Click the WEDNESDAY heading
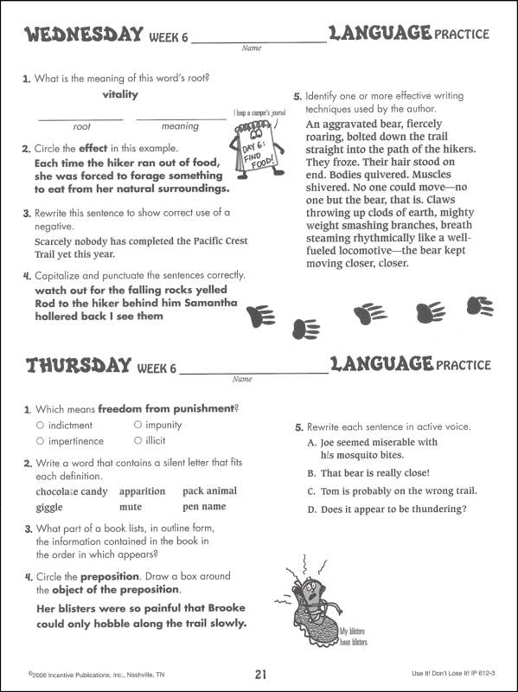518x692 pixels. coord(82,35)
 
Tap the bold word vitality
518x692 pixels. coord(120,95)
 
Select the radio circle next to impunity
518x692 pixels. coord(137,425)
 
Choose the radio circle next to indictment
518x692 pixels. coord(40,425)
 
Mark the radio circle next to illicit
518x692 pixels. coord(137,440)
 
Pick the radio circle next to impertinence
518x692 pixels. coord(40,440)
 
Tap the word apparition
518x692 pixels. coord(142,491)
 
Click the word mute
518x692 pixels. coord(131,507)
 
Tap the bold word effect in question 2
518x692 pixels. coord(93,149)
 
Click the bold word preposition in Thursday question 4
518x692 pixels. coord(110,575)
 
